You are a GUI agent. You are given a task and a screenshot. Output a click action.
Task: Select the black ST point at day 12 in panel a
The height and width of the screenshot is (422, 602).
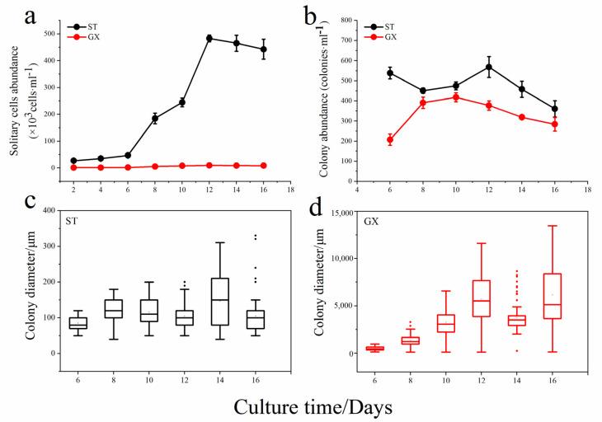click(209, 38)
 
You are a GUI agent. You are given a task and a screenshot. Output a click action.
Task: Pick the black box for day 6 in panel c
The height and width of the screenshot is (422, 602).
click(78, 322)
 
